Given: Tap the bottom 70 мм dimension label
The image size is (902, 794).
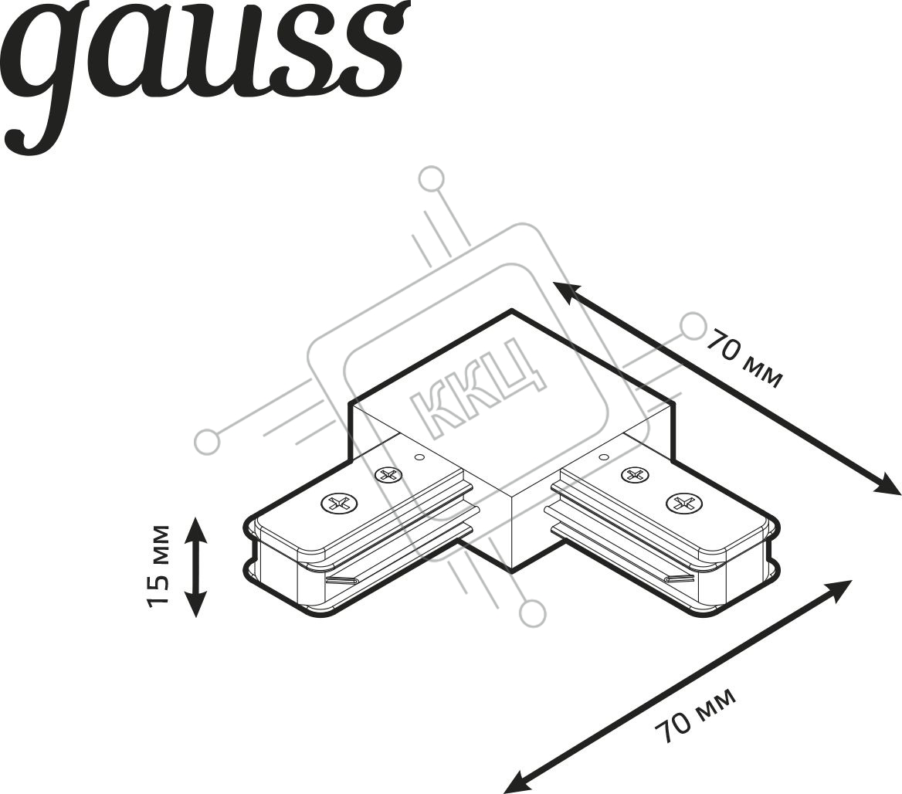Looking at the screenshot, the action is (x=696, y=714).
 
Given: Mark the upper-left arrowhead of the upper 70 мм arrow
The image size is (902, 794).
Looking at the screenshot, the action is (x=564, y=290).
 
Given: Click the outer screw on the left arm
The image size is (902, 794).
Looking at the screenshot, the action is (x=337, y=504).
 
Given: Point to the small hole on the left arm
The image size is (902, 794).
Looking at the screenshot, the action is (x=419, y=458).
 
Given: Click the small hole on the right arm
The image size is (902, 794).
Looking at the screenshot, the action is (x=603, y=458).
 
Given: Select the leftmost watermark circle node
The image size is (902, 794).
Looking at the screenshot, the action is (x=206, y=441).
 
